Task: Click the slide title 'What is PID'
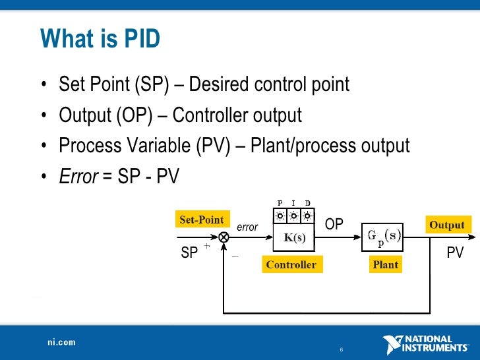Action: (100, 39)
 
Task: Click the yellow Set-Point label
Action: (201, 220)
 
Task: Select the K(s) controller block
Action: (294, 238)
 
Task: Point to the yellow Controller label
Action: (291, 265)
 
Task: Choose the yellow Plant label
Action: (386, 265)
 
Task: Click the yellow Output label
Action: (447, 225)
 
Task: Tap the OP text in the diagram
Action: (334, 225)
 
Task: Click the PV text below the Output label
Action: (455, 253)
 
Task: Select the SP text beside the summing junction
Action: (189, 253)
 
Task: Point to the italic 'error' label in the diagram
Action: (247, 227)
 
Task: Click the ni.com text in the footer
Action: (61, 342)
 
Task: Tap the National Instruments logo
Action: (425, 344)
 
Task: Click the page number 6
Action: (341, 349)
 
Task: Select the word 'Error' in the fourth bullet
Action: (78, 176)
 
